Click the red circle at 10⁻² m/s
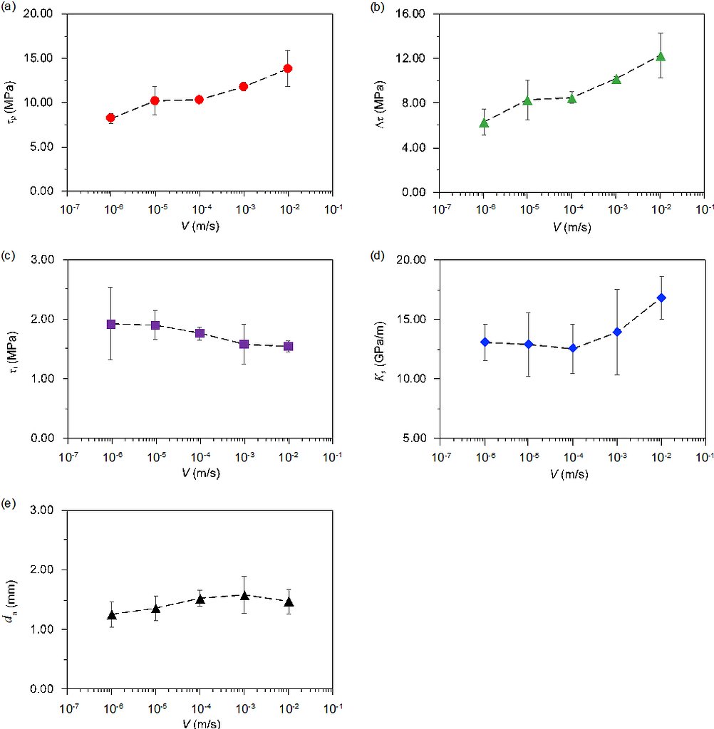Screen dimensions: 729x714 pos(288,68)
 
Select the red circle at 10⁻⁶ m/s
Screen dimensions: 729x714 pos(110,117)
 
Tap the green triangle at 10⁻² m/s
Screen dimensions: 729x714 pos(661,56)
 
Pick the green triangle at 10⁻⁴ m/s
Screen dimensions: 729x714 pos(571,98)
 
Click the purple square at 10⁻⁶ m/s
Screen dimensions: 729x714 pos(111,324)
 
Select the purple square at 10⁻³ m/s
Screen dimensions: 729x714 pos(244,344)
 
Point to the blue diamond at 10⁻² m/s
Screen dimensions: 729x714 pos(661,298)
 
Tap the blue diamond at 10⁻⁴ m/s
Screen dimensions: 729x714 pos(572,348)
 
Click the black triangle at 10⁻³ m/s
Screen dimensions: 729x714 pos(244,595)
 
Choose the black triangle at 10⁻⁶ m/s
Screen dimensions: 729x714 pos(111,615)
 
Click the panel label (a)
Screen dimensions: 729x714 pos(9,9)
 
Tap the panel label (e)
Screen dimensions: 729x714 pos(9,505)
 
